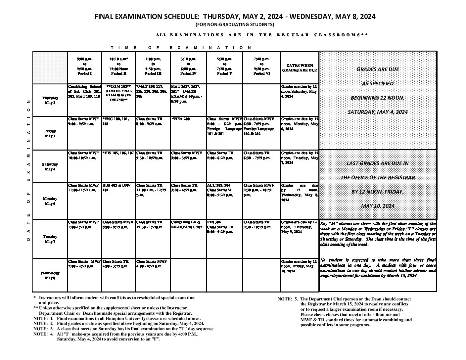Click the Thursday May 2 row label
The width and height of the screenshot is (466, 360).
click(50, 100)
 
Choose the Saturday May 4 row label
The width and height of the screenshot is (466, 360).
click(50, 166)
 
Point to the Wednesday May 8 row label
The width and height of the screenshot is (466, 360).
click(50, 275)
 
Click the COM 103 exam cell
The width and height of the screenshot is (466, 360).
click(119, 93)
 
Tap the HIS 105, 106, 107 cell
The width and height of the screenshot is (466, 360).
click(118, 153)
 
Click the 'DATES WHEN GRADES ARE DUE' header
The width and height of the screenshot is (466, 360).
click(300, 68)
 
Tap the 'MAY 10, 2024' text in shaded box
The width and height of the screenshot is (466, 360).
click(378, 206)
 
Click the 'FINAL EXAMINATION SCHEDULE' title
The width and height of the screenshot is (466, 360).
click(235, 17)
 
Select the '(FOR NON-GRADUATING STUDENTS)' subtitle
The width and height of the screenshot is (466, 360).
click(235, 24)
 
